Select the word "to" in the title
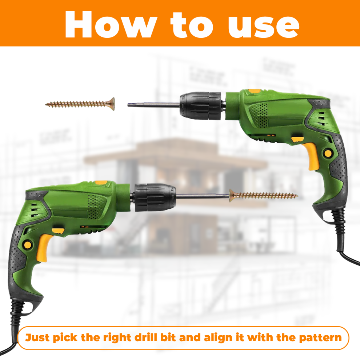(192, 25)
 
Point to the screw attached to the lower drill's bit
(263, 196)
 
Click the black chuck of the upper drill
(200, 106)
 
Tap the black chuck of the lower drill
(155, 197)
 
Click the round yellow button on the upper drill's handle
(328, 153)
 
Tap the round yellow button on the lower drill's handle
(28, 244)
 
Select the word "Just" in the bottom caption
(37, 337)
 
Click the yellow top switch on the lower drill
(101, 183)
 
